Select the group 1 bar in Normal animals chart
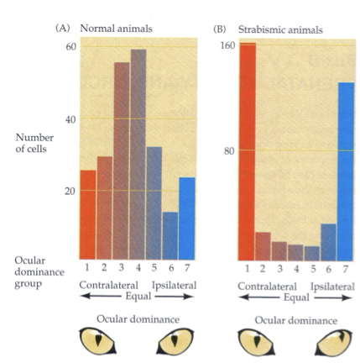click(88, 215)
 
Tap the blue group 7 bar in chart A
click(186, 218)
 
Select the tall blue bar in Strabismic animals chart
click(346, 171)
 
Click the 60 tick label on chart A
click(70, 47)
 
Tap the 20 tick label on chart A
click(70, 191)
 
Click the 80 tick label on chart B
click(228, 151)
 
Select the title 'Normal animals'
click(116, 29)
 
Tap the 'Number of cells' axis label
click(34, 143)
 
